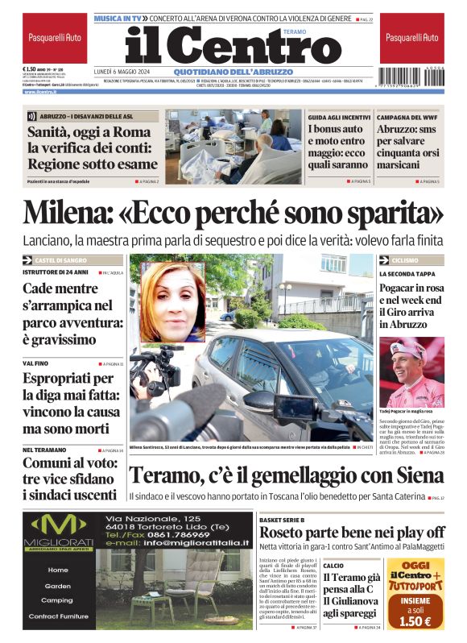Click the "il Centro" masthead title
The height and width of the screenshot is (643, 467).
(x=233, y=47)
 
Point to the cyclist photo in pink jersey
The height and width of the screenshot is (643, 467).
(x=411, y=372)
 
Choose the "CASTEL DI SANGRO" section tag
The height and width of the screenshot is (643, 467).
(x=64, y=260)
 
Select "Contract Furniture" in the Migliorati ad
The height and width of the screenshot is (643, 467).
(x=57, y=616)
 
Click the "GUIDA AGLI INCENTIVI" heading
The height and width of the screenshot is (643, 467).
(x=339, y=116)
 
